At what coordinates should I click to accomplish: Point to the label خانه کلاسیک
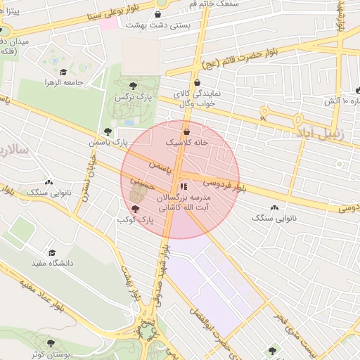(186, 142)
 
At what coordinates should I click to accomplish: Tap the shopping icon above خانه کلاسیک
(186, 131)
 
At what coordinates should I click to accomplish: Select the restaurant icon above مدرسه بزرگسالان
(184, 186)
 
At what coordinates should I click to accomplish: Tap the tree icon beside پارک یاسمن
(107, 131)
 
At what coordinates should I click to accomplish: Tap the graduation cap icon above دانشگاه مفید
(51, 252)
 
